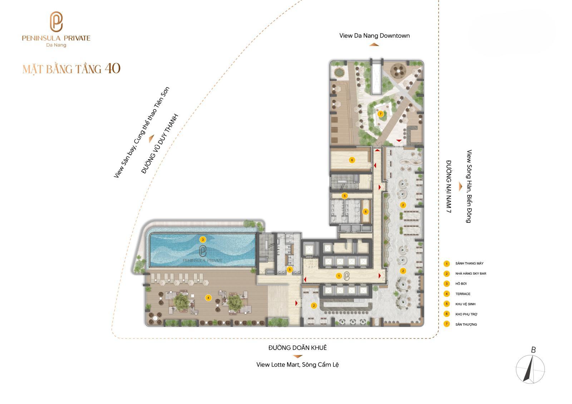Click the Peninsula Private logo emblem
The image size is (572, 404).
[x=56, y=22]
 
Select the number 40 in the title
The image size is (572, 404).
[x=112, y=68]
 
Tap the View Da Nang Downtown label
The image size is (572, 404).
[x=374, y=36]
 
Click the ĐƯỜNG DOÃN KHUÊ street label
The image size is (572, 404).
[x=297, y=348]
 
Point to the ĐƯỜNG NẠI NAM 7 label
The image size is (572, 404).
[x=449, y=186]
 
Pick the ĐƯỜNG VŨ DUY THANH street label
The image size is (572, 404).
[x=159, y=144]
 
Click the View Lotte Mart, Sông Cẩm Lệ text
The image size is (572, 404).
[x=297, y=365]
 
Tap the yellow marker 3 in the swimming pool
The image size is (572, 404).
[x=203, y=240]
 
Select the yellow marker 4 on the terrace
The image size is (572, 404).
[x=208, y=298]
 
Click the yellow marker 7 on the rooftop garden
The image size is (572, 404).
[x=380, y=114]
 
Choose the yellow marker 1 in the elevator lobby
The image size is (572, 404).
[x=339, y=276]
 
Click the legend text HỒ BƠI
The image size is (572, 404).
[x=461, y=284]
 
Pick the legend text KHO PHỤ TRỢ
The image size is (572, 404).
[x=466, y=314]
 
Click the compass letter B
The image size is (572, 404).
[x=533, y=350]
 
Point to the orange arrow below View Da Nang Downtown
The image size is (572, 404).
[x=374, y=45]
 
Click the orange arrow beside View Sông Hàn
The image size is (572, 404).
[x=460, y=186]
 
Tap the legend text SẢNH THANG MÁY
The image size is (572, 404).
[x=469, y=263]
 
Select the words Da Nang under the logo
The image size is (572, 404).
[x=56, y=45]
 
